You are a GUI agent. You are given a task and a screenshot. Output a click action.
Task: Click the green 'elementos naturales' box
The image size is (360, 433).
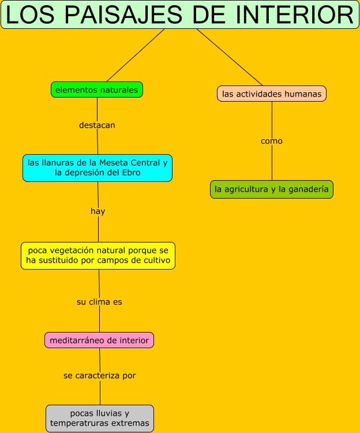point(96,89)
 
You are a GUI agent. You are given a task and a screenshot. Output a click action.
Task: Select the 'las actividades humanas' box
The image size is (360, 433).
point(272,94)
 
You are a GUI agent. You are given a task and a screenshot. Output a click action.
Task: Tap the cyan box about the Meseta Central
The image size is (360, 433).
point(97,168)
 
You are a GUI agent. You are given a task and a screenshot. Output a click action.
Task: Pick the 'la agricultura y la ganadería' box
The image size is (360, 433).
point(272,189)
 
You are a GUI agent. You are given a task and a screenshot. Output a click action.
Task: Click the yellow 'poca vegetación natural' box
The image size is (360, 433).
point(98,256)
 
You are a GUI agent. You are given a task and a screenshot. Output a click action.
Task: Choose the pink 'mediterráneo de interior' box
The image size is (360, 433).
point(99,340)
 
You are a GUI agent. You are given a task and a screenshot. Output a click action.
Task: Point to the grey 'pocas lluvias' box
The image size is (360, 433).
point(100,419)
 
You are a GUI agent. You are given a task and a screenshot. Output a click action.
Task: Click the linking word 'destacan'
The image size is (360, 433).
point(97,125)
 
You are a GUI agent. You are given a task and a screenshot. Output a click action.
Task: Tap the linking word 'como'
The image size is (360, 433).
point(272,141)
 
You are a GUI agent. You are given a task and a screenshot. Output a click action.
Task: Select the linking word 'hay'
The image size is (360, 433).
point(98,211)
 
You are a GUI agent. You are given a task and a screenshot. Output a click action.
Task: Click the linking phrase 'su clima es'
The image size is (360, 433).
point(99,301)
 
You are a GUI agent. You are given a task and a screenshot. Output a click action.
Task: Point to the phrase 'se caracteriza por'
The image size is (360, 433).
point(100,375)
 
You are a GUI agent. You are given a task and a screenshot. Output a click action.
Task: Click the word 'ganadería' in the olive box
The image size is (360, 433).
point(307,189)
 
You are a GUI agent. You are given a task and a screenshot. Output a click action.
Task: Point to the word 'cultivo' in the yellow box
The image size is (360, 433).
point(156,260)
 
